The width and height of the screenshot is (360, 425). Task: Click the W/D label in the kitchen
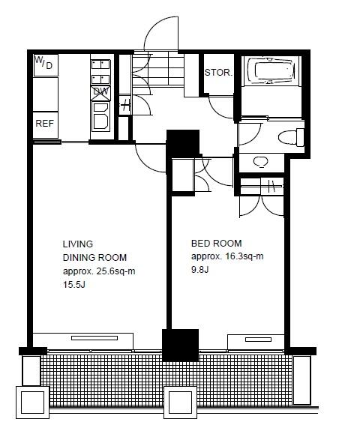pyautogui.click(x=43, y=62)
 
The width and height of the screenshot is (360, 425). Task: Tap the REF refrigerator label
pyautogui.click(x=45, y=124)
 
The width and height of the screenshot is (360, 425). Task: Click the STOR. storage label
pyautogui.click(x=218, y=73)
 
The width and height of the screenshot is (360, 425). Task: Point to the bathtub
pyautogui.click(x=271, y=71)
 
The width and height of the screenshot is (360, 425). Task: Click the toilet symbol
pyautogui.click(x=291, y=137)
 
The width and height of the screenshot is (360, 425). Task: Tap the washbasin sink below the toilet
pyautogui.click(x=260, y=162)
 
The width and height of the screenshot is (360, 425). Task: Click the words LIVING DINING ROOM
pyautogui.click(x=94, y=250)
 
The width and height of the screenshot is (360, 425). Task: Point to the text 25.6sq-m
pyautogui.click(x=115, y=271)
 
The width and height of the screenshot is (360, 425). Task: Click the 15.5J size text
pyautogui.click(x=74, y=285)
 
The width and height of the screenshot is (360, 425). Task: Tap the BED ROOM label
pyautogui.click(x=217, y=243)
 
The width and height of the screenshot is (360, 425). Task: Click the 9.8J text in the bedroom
pyautogui.click(x=200, y=270)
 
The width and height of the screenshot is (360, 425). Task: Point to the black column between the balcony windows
pyautogui.click(x=181, y=345)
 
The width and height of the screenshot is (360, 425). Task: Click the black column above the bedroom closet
pyautogui.click(x=183, y=144)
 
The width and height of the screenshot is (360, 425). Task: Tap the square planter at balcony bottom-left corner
pyautogui.click(x=32, y=403)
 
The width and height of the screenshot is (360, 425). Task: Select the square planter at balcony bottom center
pyautogui.click(x=180, y=403)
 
